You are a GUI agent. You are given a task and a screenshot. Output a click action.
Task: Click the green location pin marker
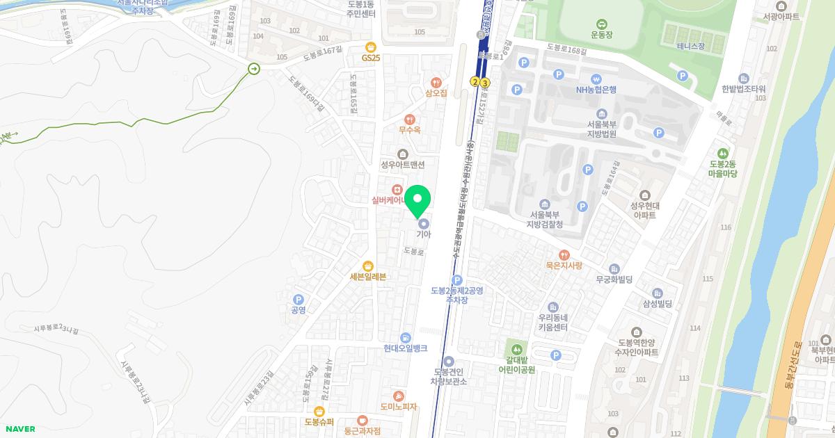417,201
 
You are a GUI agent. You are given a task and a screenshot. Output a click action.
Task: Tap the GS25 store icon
371,46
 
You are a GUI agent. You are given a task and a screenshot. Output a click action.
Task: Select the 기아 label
424,234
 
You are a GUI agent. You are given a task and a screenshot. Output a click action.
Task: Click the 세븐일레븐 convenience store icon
368,266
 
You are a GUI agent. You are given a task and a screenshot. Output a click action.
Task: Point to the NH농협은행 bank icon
596,79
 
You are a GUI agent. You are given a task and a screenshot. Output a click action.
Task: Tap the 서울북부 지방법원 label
602,129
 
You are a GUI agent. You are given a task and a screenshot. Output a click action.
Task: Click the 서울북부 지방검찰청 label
545,220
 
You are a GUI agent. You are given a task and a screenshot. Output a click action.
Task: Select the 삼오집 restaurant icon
436,82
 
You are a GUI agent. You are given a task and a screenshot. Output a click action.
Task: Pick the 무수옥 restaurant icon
409,119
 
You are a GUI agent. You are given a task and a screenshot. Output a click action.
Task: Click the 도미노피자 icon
398,396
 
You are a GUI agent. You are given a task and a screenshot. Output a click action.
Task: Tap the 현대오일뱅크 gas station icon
406,338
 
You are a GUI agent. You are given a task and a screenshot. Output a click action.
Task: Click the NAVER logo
19,429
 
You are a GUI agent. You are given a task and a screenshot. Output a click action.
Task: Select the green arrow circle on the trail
254,68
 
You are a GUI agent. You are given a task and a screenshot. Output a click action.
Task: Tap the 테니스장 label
690,47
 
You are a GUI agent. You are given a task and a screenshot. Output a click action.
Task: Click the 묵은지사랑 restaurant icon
564,254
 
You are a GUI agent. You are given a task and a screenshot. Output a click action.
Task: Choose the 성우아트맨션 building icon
402,154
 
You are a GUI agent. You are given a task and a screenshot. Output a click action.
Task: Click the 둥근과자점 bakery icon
362,420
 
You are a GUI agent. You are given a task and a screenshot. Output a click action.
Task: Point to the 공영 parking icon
299,299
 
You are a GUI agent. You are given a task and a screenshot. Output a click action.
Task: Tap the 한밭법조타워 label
743,89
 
